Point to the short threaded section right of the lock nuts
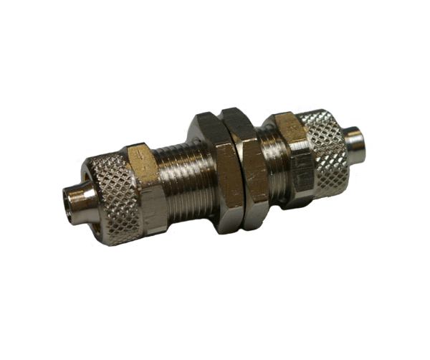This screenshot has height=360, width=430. pos(271,161)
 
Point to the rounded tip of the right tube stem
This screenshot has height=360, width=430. pos(369,138)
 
